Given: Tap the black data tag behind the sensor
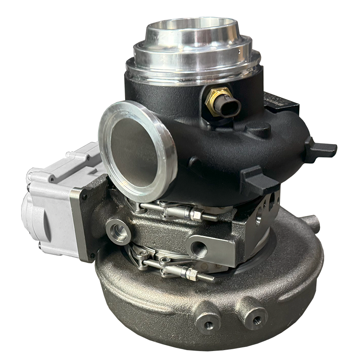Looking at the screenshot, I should coord(282,102).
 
